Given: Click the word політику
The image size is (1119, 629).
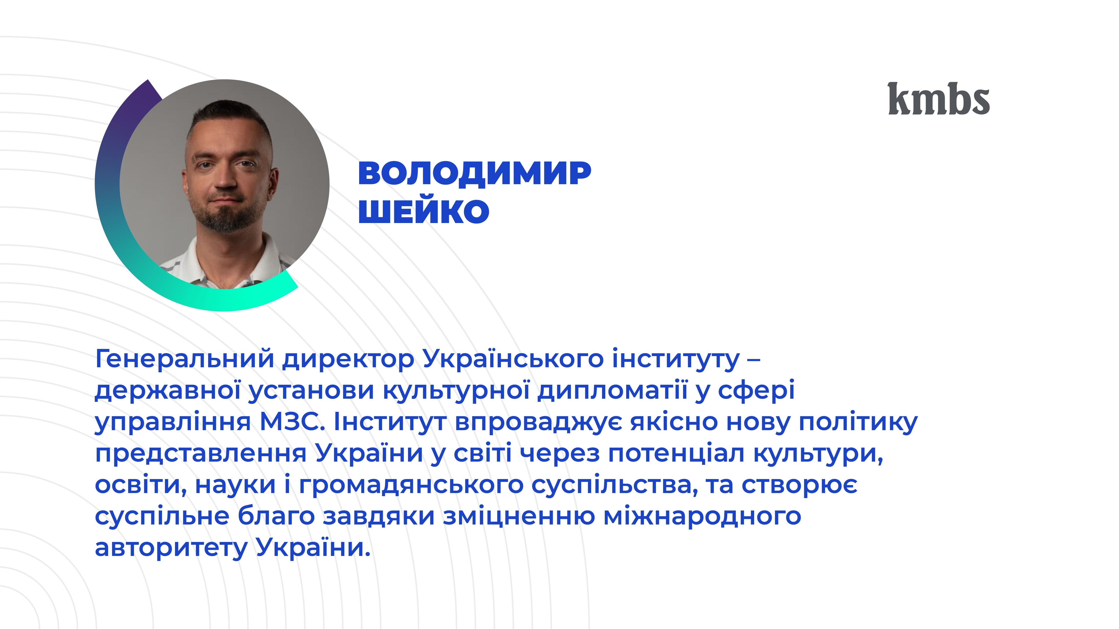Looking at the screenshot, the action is (x=858, y=423).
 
